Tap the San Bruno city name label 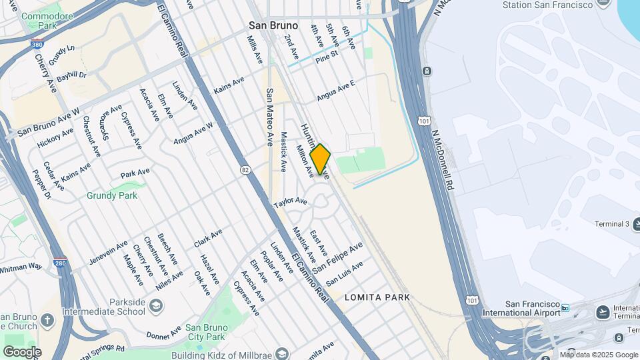pyautogui.click(x=273, y=25)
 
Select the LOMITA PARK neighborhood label pyautogui.click(x=377, y=297)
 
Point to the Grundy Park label pyautogui.click(x=112, y=195)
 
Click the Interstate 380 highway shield pyautogui.click(x=39, y=45)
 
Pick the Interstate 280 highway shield pyautogui.click(x=60, y=263)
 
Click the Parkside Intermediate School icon pyautogui.click(x=156, y=306)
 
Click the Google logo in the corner pyautogui.click(x=22, y=351)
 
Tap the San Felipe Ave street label pyautogui.click(x=338, y=257)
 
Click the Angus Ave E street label pyautogui.click(x=336, y=91)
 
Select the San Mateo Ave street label pyautogui.click(x=269, y=117)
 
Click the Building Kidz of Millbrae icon pyautogui.click(x=282, y=353)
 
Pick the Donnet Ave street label pyautogui.click(x=163, y=332)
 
